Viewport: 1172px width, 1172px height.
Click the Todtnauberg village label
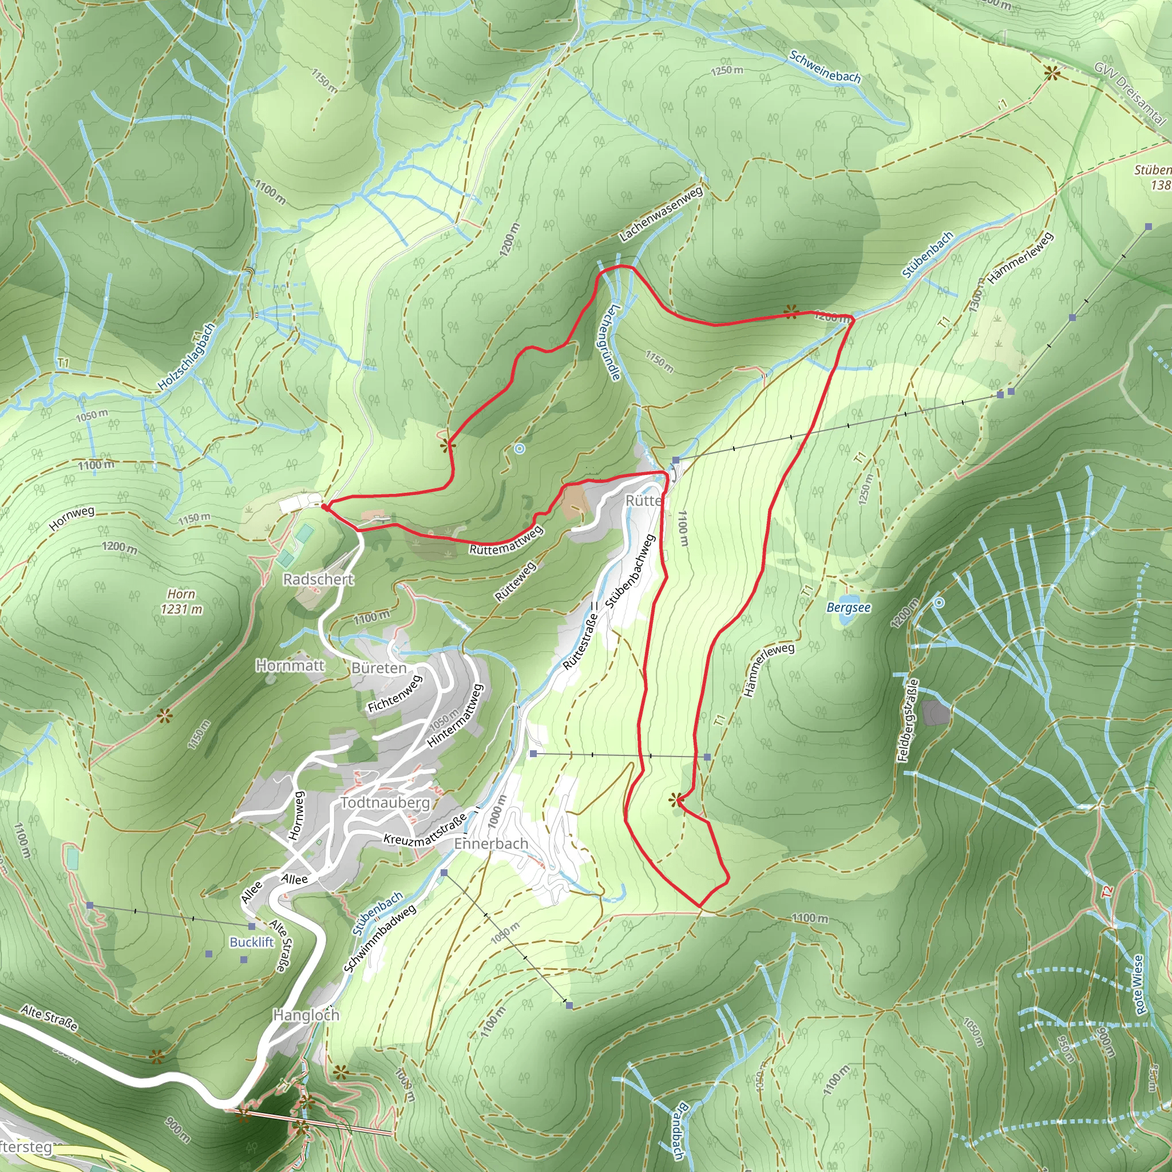tap(385, 802)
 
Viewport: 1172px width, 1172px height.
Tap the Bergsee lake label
tap(848, 607)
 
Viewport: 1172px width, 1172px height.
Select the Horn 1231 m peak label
tap(181, 601)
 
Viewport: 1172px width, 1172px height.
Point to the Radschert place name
tap(318, 579)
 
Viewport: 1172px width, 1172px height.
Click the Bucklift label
tap(252, 942)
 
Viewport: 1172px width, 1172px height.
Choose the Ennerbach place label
tap(491, 844)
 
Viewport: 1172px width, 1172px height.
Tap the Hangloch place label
tap(306, 1015)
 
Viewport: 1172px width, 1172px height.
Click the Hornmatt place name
tap(290, 666)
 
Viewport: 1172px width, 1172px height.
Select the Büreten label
tap(378, 668)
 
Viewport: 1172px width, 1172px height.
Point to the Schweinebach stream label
tap(825, 67)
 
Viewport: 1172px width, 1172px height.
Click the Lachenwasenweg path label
tap(660, 213)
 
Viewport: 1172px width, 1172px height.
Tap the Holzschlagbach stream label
tap(186, 357)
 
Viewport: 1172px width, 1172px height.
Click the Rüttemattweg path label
tap(506, 540)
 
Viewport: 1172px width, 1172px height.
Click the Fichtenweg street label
tap(394, 694)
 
